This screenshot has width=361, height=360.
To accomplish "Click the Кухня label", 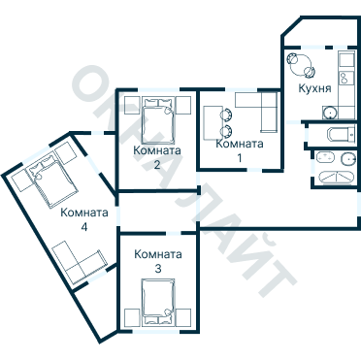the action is click(314, 88).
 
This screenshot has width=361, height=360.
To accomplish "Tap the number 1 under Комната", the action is click(240, 158).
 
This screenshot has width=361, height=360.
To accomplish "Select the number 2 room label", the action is click(157, 165).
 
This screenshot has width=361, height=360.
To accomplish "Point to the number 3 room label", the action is click(158, 269).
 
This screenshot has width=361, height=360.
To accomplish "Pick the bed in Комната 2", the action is click(158, 121).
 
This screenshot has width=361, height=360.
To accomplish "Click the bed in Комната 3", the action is click(158, 302).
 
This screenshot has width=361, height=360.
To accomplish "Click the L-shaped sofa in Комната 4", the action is click(79, 263).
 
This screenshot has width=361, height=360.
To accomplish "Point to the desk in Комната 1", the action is click(213, 123).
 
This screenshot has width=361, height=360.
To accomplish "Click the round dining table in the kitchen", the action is click(301, 64).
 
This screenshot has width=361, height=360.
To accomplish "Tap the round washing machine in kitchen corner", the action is click(330, 113).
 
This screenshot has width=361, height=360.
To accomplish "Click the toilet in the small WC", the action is click(341, 134).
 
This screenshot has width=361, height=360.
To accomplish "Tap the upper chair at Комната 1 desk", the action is click(226, 115).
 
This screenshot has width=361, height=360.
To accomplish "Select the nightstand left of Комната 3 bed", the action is click(132, 317).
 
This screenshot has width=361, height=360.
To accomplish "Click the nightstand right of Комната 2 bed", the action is click(183, 105).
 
